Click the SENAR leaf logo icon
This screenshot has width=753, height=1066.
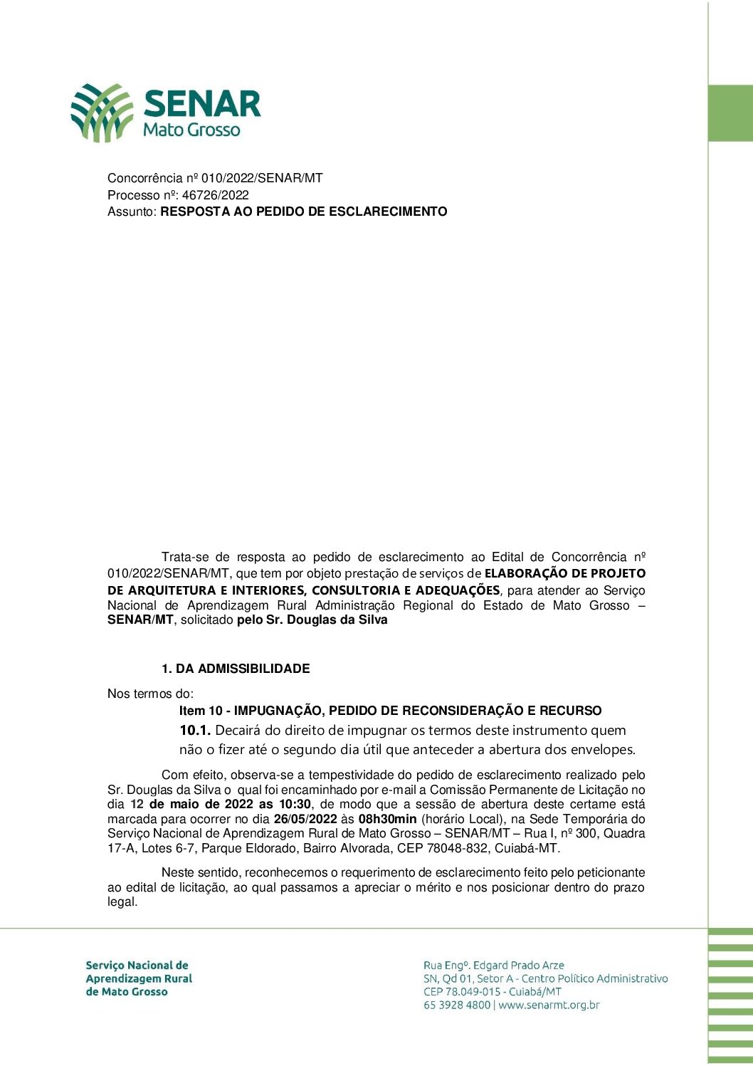tap(101, 113)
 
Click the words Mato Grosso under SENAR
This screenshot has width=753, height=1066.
tap(191, 130)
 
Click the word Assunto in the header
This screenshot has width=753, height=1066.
tap(131, 211)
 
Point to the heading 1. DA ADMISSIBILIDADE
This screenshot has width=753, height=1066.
tap(236, 669)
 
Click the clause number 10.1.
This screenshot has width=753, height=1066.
tap(195, 730)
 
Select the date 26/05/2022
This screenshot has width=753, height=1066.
tap(305, 819)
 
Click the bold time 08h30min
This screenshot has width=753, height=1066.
tap(387, 819)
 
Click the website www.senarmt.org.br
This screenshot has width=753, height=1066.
tap(549, 1005)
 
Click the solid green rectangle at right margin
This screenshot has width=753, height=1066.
tap(730, 113)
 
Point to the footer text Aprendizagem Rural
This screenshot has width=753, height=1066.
tap(139, 978)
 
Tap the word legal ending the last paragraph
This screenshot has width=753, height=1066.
tap(121, 902)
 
